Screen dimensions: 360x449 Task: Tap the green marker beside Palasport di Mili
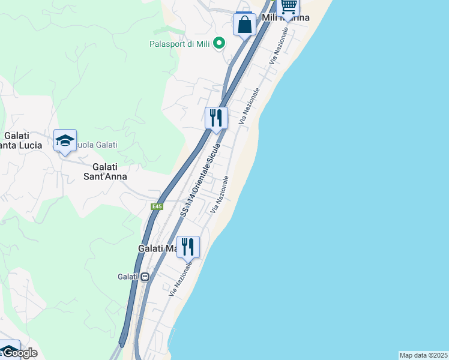[x=219, y=43]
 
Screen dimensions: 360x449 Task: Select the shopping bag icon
[x=244, y=25]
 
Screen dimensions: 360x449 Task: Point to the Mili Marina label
[x=286, y=18]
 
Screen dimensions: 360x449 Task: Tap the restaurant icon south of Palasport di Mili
[x=216, y=118]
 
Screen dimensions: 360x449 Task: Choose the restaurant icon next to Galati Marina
[x=188, y=247]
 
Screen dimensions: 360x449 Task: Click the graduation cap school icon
[x=65, y=140]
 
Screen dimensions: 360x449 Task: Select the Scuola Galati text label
[x=96, y=145]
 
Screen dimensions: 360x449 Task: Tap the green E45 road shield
[x=157, y=207]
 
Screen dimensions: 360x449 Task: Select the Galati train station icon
[x=145, y=277]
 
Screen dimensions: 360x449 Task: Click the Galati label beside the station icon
[x=128, y=277]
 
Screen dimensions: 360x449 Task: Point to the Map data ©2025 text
[x=423, y=355]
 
